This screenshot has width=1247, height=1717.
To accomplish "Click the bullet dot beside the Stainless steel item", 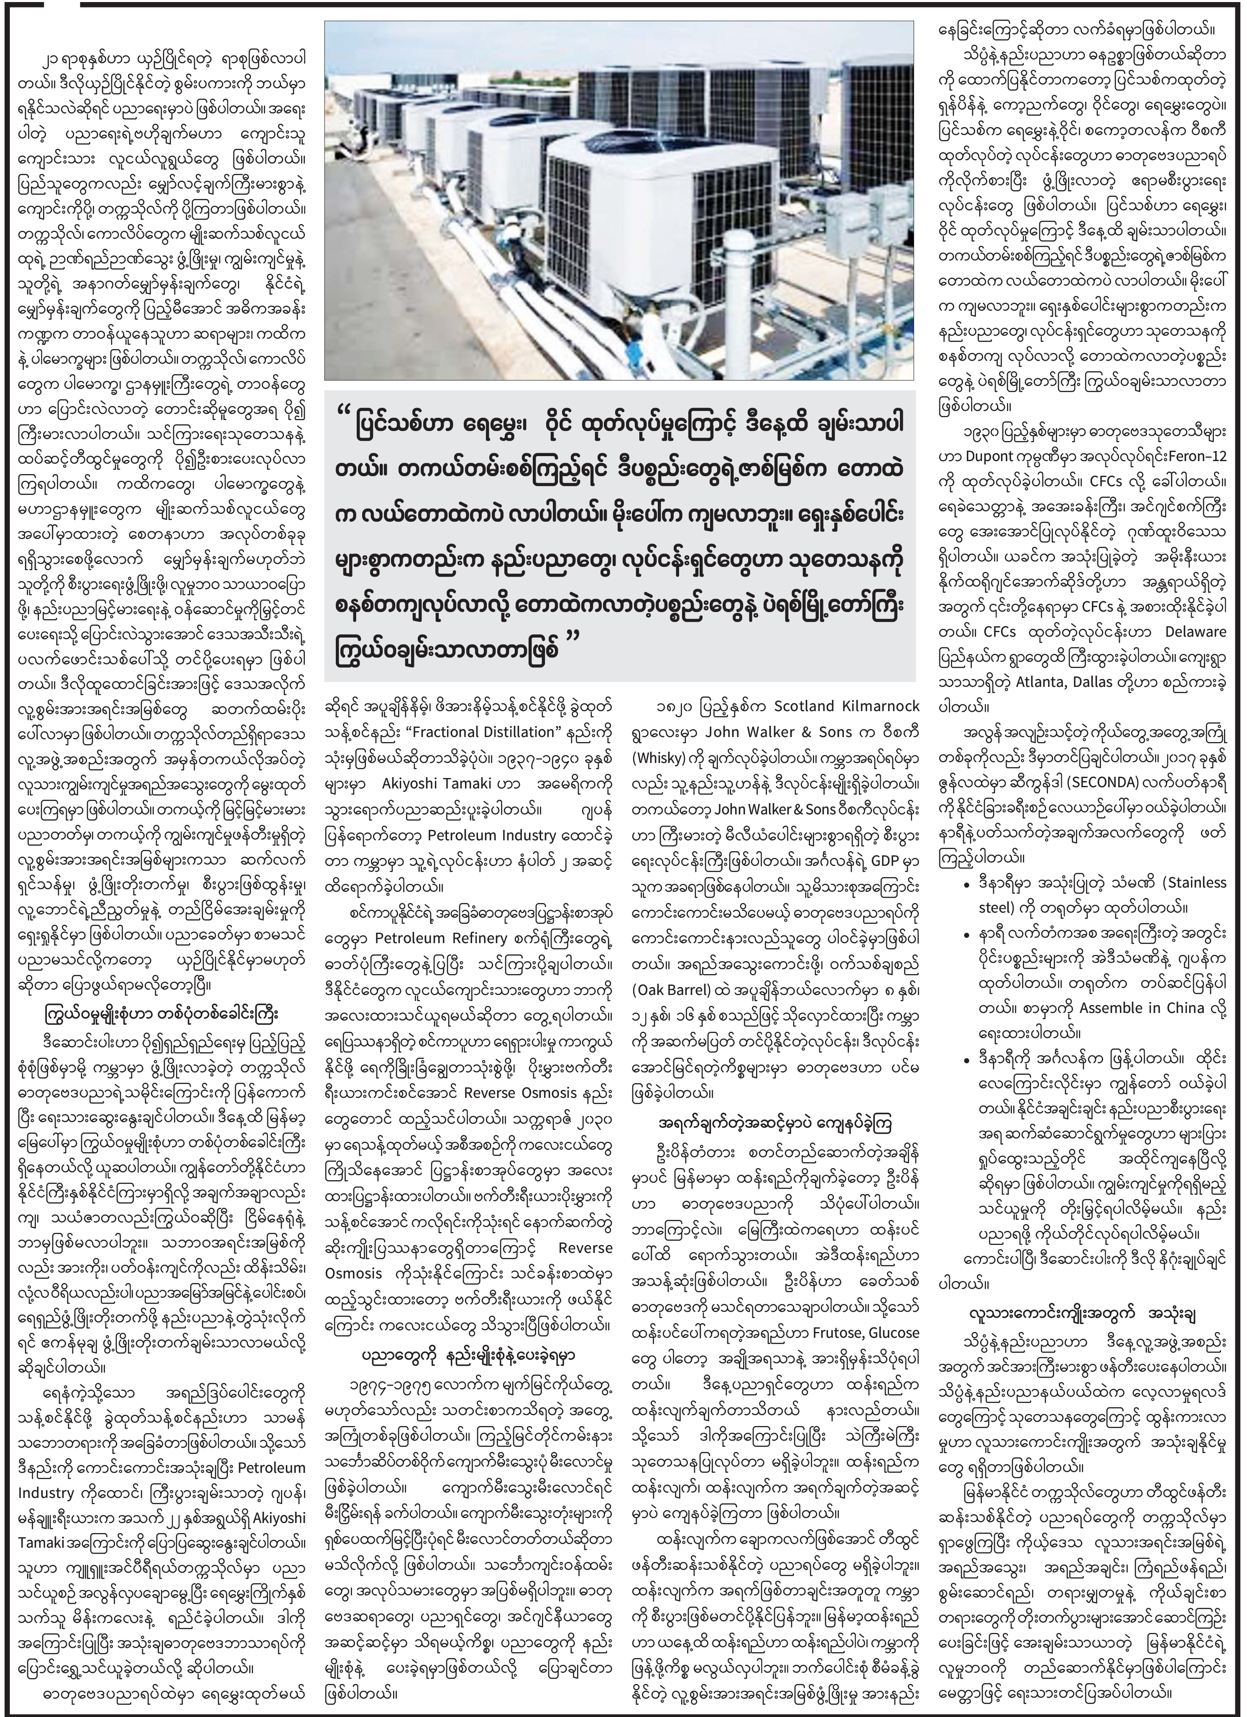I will click(x=964, y=883).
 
